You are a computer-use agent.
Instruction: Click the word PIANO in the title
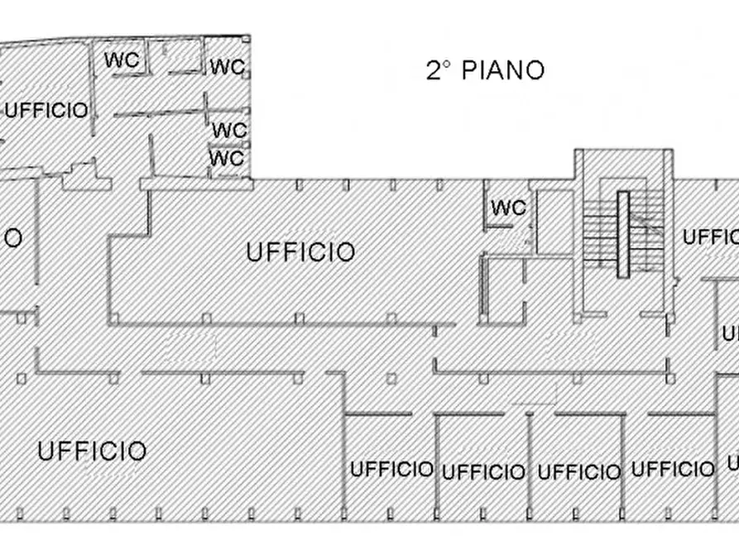click(x=502, y=70)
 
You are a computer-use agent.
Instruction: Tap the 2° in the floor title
click(x=438, y=70)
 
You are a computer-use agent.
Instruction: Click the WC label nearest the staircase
click(x=508, y=208)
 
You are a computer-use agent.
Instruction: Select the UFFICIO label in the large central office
click(x=301, y=251)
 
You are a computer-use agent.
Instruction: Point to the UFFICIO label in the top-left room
click(x=46, y=110)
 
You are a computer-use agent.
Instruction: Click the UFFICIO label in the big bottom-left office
click(x=92, y=451)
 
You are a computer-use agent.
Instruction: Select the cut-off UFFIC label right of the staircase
click(x=711, y=237)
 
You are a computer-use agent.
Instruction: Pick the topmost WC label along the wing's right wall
click(x=227, y=66)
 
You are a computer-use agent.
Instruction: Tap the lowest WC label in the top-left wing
click(x=227, y=157)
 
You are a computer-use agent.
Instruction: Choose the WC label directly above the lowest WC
click(x=229, y=130)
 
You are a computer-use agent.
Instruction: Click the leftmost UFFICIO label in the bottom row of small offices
click(x=391, y=470)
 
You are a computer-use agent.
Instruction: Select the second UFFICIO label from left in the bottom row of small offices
click(x=483, y=472)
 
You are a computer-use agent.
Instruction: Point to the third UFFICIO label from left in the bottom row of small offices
click(x=578, y=472)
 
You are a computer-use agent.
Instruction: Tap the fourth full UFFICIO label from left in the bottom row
click(x=673, y=470)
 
